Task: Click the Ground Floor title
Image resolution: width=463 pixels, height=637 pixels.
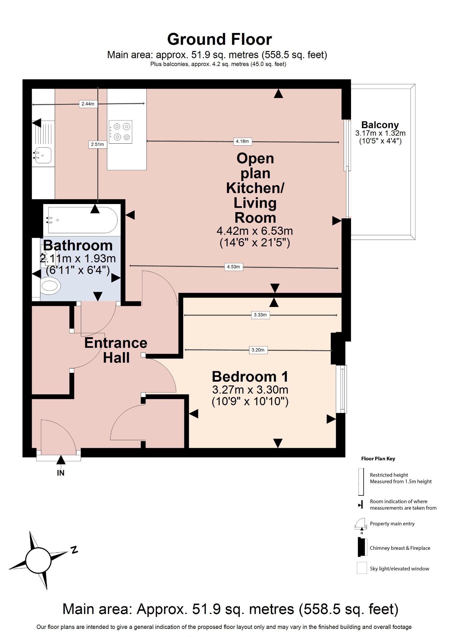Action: [220, 40]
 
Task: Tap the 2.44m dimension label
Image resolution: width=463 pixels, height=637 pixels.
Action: [88, 104]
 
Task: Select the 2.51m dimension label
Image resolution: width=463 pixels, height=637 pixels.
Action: [97, 144]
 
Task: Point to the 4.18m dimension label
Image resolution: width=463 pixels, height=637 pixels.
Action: [242, 141]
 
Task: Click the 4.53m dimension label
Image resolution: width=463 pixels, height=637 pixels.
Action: [233, 267]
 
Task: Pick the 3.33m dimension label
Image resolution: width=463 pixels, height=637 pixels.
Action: [260, 315]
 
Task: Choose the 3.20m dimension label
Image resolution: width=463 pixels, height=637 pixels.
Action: [258, 350]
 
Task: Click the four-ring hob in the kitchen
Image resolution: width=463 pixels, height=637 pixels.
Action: [121, 132]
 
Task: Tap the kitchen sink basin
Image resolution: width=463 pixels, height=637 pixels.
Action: [43, 155]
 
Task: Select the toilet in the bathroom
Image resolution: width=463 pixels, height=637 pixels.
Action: [50, 286]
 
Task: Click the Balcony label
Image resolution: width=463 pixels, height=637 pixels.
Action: [380, 125]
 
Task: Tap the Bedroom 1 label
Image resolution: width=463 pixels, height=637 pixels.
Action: [250, 377]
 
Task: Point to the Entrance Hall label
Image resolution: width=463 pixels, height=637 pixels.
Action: [116, 350]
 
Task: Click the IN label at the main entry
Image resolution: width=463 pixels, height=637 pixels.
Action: [61, 473]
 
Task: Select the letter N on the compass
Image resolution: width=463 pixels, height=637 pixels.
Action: [74, 550]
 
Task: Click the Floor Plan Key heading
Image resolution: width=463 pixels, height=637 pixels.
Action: [378, 459]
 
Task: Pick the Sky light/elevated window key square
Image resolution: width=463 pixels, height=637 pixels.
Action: [362, 568]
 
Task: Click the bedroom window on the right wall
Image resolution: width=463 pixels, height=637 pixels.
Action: [342, 389]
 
